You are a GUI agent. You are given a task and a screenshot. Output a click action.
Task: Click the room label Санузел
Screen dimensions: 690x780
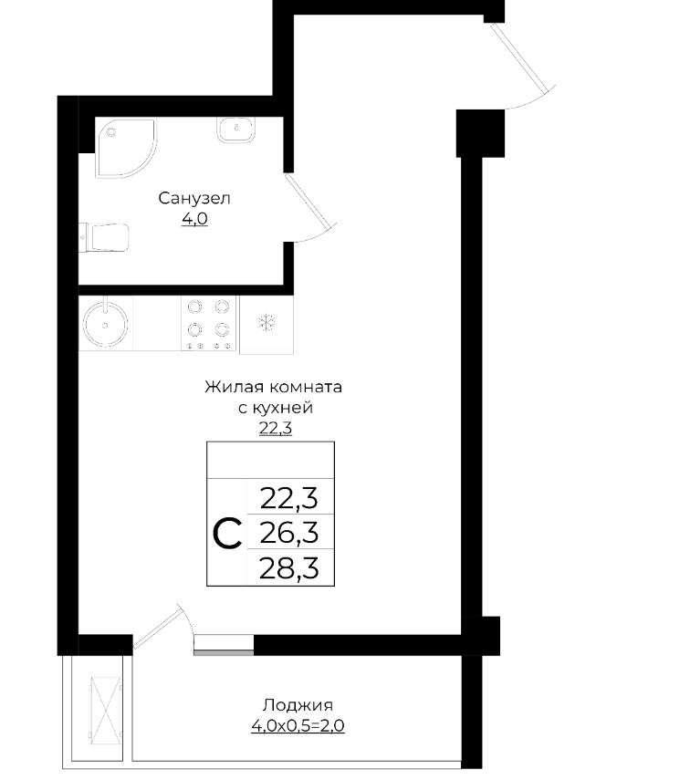click(x=194, y=199)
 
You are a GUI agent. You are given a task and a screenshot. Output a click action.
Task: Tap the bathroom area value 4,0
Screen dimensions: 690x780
click(x=194, y=219)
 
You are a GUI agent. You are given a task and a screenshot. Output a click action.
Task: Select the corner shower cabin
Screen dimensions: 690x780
click(x=125, y=148)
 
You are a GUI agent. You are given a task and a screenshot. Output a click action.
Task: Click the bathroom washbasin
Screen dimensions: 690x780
click(x=236, y=130)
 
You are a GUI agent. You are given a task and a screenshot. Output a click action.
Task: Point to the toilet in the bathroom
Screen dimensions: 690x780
click(x=105, y=237)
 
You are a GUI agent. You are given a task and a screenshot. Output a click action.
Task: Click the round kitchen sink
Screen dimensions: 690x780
click(x=105, y=324)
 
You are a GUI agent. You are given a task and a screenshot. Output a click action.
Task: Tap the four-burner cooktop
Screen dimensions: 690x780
click(x=209, y=324)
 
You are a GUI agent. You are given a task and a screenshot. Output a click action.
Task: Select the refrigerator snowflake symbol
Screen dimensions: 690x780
click(x=267, y=322)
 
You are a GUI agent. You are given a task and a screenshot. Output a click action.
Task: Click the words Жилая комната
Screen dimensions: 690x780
click(x=273, y=387)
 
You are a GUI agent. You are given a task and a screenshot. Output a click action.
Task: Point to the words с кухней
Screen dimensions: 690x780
click(x=276, y=408)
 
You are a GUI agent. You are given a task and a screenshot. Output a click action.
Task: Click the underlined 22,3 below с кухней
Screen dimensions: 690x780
click(x=276, y=428)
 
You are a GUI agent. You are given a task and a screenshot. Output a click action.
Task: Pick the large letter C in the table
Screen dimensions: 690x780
click(x=227, y=534)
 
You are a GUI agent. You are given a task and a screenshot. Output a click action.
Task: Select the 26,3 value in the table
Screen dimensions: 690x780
click(x=289, y=533)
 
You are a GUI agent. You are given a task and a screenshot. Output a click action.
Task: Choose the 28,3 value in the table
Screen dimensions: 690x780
click(x=289, y=568)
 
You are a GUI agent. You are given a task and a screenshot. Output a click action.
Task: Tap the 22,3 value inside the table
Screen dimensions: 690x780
click(x=289, y=498)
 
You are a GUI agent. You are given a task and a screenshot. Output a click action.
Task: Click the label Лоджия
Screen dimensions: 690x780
click(x=298, y=705)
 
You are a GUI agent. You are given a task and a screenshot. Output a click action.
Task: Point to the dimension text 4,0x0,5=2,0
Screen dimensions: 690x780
click(x=298, y=726)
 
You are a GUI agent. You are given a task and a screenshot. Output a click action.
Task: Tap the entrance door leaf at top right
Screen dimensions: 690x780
click(x=519, y=57)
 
